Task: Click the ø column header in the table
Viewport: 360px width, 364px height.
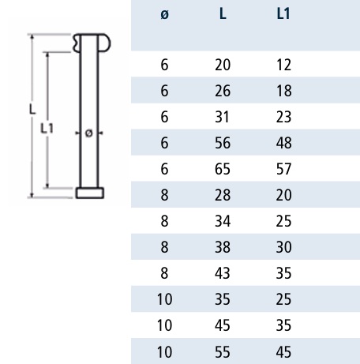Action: pos(164,14)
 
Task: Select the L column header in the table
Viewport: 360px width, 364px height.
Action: pos(223,13)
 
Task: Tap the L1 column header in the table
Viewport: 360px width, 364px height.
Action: pos(283,13)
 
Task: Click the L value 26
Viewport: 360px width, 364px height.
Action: pos(223,91)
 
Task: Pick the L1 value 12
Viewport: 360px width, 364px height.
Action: pos(283,65)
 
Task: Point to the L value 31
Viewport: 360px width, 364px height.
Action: pos(222,117)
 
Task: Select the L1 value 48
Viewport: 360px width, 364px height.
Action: pos(283,143)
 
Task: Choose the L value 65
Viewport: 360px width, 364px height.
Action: pos(223,169)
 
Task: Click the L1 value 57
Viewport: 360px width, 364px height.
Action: pos(283,169)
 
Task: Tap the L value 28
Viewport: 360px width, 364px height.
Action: pos(223,195)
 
